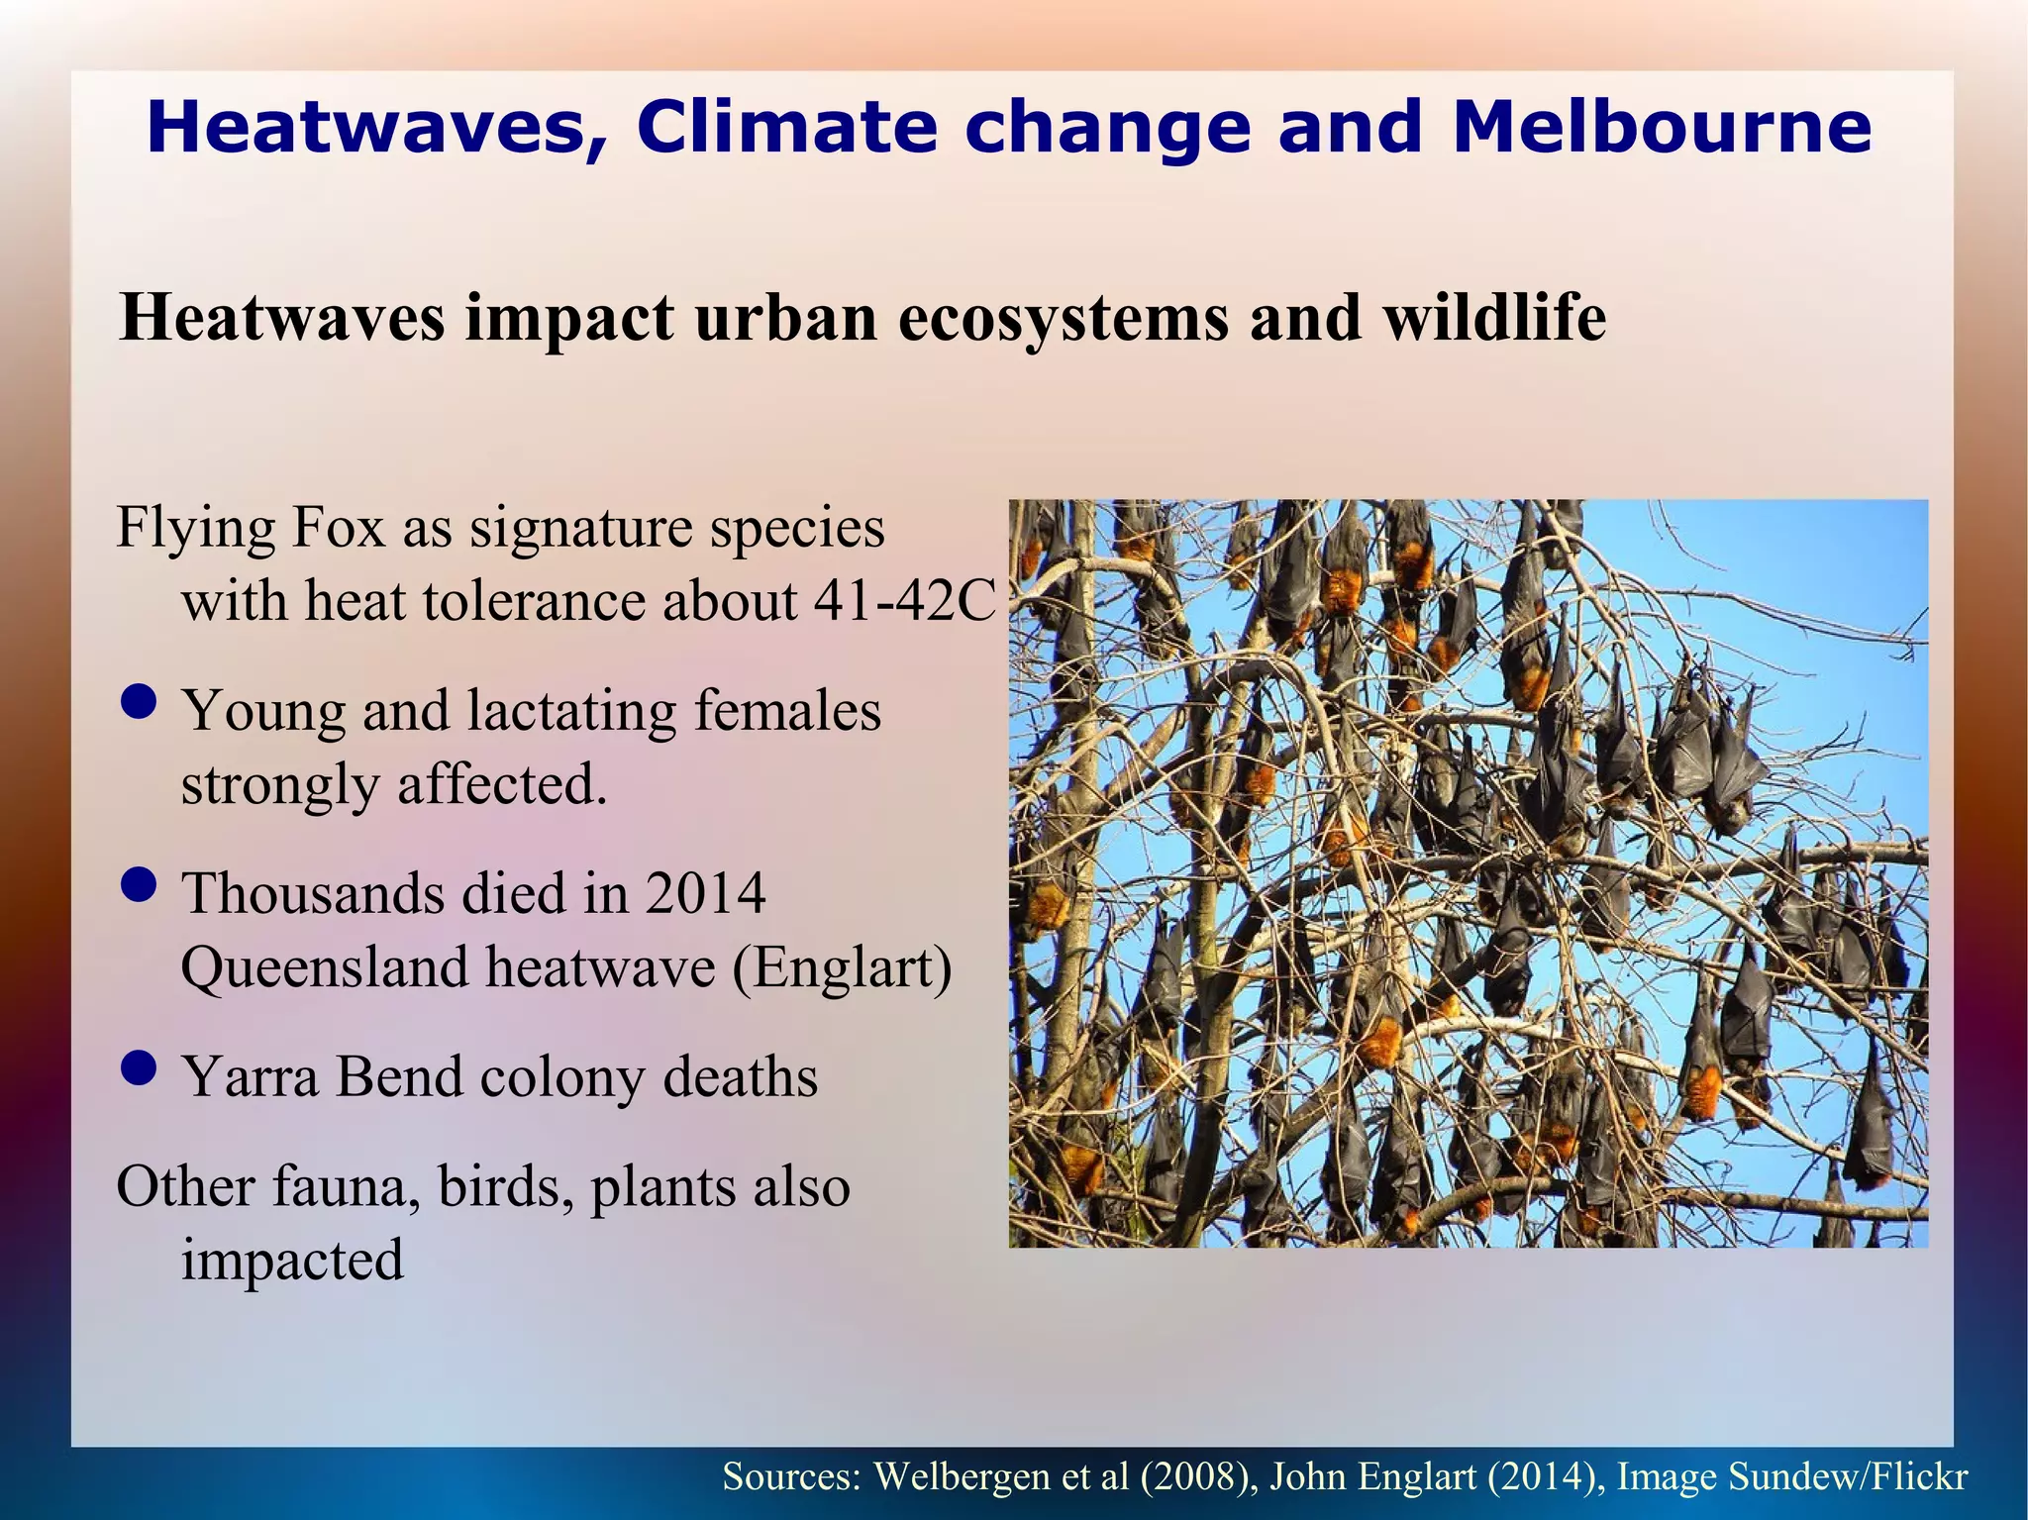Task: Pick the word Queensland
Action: (x=325, y=967)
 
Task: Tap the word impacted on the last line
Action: (x=292, y=1260)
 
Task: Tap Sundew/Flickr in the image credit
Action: (x=1848, y=1476)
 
